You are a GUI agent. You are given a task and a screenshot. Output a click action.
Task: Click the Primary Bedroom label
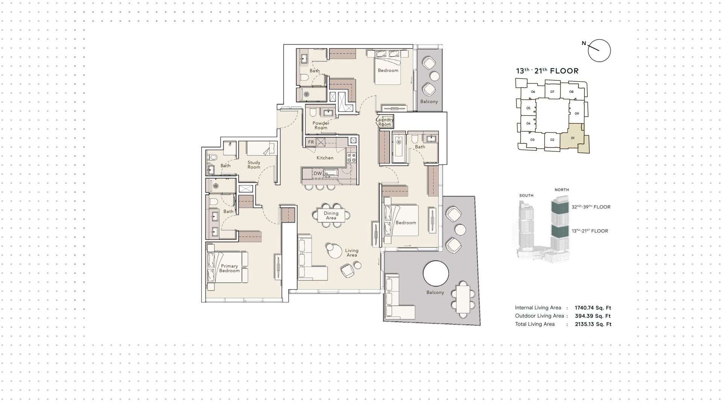coord(229,268)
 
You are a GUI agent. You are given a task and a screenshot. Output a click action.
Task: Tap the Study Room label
coord(254,165)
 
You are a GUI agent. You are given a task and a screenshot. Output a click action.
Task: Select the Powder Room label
coord(321,125)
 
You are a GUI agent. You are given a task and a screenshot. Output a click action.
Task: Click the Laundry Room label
coord(385,122)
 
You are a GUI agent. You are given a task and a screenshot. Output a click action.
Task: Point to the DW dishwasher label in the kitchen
coord(318,173)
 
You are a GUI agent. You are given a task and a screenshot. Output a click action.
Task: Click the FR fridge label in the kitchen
coord(311,142)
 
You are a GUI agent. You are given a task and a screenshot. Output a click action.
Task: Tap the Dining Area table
coord(331,215)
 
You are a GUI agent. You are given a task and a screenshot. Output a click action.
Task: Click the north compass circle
coord(599,51)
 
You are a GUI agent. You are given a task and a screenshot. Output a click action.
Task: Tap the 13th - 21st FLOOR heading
coord(547,71)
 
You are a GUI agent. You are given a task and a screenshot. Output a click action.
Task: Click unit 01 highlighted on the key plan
coord(573,138)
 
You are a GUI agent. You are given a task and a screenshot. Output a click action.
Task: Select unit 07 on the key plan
coord(552,92)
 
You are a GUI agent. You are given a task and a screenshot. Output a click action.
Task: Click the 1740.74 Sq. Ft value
coord(593,308)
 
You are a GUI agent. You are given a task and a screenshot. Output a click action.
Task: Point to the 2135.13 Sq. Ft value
coord(593,324)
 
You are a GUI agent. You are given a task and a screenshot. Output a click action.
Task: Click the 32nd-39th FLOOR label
coord(591,207)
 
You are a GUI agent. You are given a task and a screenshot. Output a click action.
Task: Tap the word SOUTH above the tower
coord(526,195)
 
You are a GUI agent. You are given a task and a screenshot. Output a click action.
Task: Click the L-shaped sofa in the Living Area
coord(308,263)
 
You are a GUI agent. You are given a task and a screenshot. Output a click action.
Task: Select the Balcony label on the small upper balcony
coord(429,101)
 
